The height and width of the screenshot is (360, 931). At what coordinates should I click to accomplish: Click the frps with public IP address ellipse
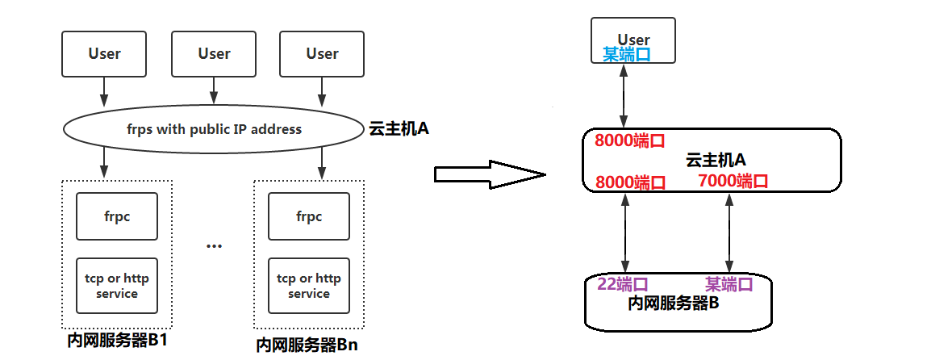(214, 129)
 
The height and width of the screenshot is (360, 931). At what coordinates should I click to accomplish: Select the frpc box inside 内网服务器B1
(117, 216)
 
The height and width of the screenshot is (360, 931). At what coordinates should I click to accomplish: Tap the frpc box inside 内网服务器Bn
(308, 216)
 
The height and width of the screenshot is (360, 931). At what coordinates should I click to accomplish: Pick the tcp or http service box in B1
(117, 286)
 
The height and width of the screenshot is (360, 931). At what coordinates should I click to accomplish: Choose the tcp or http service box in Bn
(308, 286)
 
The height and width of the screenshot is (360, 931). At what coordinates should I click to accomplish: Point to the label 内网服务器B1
(118, 340)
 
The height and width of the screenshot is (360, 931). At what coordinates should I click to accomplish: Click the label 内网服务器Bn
(307, 345)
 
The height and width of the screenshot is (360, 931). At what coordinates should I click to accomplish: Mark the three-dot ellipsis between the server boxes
(214, 245)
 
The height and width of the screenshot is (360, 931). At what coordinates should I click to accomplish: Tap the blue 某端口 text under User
(627, 54)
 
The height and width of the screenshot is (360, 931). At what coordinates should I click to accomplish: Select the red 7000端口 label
(733, 181)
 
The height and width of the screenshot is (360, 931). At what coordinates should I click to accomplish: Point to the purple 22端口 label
(623, 284)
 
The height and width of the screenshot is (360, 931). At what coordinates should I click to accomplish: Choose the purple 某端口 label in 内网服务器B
(729, 284)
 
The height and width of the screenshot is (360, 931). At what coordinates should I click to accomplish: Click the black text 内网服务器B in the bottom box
(673, 303)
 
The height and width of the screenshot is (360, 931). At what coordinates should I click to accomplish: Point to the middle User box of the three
(214, 54)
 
